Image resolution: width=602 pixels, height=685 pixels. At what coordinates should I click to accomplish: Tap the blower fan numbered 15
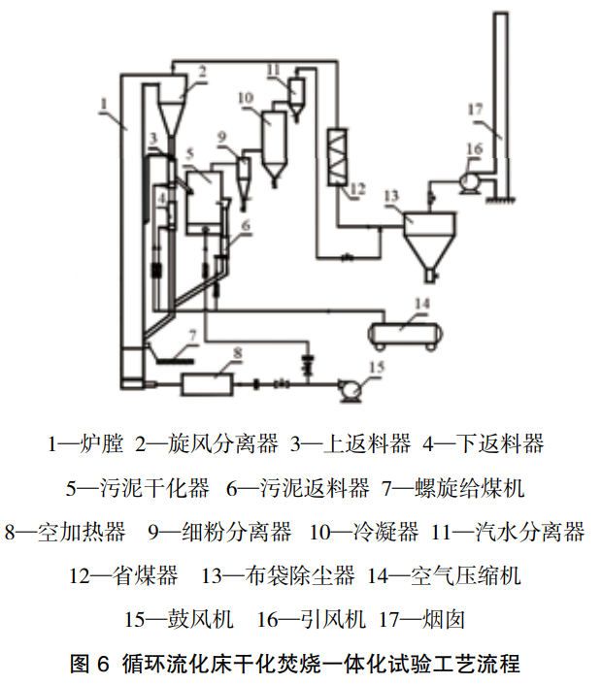pos(347,388)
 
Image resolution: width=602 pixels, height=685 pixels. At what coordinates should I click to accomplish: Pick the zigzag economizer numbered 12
pos(340,155)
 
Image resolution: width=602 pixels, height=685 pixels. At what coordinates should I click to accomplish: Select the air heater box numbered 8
pos(206,383)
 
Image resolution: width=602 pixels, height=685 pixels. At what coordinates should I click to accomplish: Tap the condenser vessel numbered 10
pos(275,142)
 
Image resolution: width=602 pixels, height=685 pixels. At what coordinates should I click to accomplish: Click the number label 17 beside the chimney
pos(475,111)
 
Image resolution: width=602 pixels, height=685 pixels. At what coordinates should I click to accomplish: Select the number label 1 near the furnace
pos(104,102)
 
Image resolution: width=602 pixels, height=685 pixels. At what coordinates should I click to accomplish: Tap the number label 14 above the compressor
pos(419,304)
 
